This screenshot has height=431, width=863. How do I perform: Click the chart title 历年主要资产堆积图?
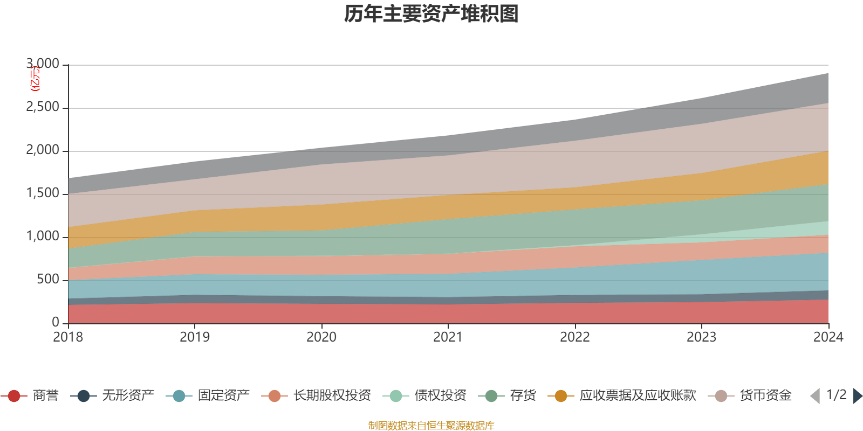tap(432, 14)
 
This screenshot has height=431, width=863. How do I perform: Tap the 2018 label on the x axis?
tap(68, 337)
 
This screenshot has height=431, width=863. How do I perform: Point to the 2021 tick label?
tap(448, 337)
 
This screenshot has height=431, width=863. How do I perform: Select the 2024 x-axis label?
tap(827, 337)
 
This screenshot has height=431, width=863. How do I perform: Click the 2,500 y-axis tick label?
tap(43, 107)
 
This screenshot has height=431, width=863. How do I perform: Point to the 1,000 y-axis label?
tap(43, 237)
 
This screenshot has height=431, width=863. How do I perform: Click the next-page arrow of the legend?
tap(857, 396)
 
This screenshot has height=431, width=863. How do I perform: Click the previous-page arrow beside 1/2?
tap(815, 396)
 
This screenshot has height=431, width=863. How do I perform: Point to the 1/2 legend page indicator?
tap(836, 395)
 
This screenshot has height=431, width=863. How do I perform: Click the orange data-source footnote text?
tap(431, 426)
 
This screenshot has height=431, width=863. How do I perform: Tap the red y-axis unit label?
tap(35, 79)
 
